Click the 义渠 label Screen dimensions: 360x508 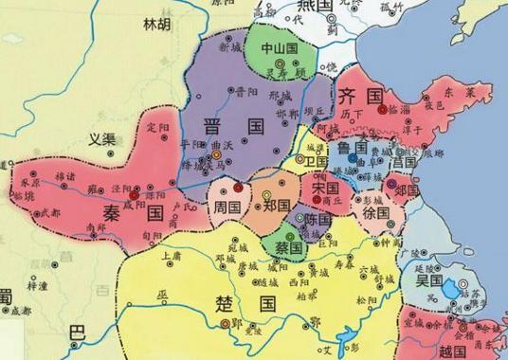coord(102,139)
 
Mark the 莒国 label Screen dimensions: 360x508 coord(403,163)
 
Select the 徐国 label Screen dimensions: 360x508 coord(376,214)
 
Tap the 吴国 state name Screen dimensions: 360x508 coord(429,280)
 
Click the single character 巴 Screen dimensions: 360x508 coord(78,333)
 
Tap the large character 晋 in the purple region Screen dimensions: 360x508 coord(215,128)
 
